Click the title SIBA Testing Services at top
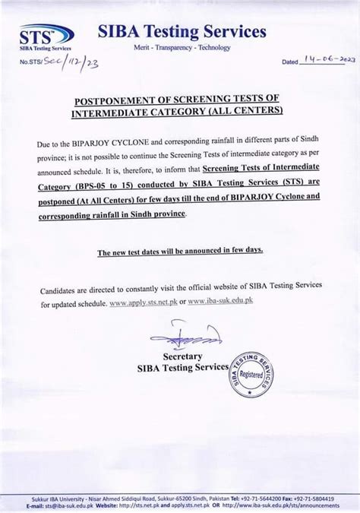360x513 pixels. (x=182, y=31)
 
